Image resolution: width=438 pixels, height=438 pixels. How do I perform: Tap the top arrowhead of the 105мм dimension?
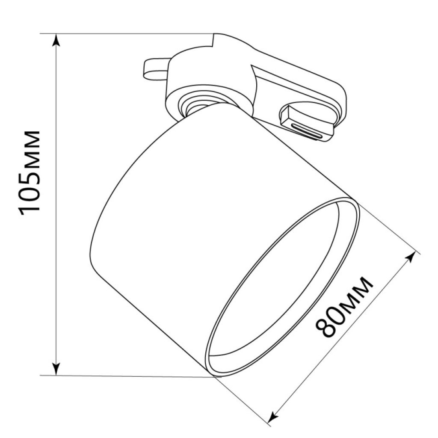coord(56,40)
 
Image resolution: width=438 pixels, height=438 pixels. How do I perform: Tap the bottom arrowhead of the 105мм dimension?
coord(56,369)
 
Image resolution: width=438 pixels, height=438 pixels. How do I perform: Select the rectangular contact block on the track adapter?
coord(307,122)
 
